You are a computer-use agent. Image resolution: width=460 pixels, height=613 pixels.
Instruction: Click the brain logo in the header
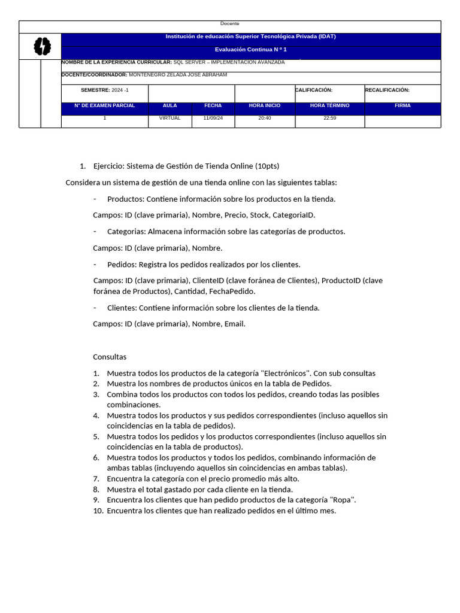(42, 46)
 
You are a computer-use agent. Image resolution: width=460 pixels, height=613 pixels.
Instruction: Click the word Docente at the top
(229, 23)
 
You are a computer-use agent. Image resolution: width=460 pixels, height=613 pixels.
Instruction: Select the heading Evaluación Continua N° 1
(250, 50)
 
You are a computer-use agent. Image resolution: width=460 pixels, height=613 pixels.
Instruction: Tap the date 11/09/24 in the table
(213, 118)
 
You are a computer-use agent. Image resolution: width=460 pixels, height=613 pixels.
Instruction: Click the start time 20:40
(264, 118)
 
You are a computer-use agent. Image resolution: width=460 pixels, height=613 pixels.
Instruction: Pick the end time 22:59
(329, 118)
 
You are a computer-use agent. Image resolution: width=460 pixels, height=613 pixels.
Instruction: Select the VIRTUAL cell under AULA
(170, 118)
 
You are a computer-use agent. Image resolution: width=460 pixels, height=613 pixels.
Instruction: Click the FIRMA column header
(402, 105)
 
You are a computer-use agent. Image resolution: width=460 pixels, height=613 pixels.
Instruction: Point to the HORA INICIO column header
(264, 105)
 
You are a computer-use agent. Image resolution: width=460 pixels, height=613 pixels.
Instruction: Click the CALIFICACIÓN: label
(314, 90)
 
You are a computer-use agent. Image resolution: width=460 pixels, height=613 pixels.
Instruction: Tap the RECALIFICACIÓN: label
(387, 90)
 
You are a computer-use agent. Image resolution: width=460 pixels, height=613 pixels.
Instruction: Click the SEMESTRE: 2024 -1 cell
(105, 90)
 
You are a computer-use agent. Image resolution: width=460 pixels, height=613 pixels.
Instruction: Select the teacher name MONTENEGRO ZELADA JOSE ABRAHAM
(178, 75)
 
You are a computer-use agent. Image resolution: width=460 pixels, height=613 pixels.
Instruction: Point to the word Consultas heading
(110, 357)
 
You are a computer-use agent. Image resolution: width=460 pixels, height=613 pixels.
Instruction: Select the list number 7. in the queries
(96, 478)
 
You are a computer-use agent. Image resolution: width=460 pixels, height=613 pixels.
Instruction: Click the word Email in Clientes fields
(234, 324)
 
